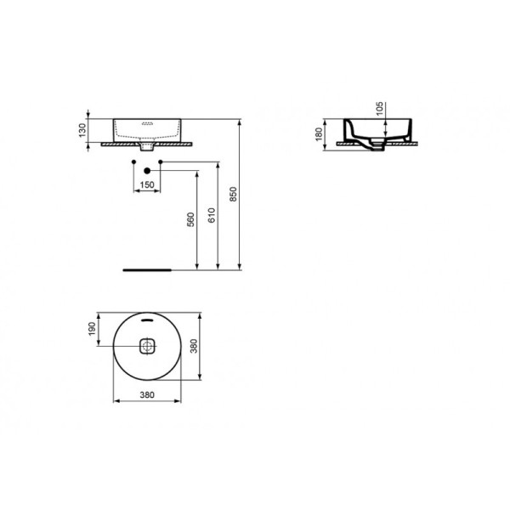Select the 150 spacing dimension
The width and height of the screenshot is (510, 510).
[x=147, y=184]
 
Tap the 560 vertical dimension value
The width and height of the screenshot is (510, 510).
[x=192, y=219]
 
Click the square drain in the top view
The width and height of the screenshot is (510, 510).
[x=148, y=346]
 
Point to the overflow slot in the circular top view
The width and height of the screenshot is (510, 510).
[x=148, y=321]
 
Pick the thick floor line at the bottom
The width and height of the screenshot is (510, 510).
[x=148, y=268]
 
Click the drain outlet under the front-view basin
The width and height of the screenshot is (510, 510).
[x=148, y=148]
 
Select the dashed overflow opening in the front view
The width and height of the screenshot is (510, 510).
[x=148, y=124]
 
